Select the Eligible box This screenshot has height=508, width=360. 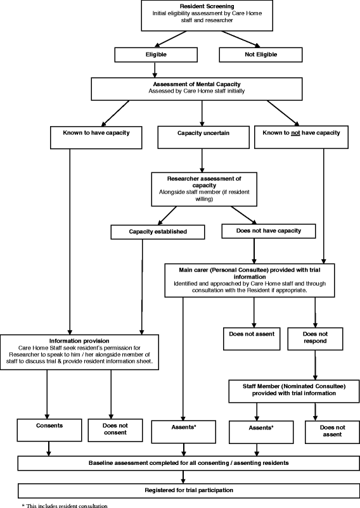click(156, 55)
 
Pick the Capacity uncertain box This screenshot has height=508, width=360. click(202, 134)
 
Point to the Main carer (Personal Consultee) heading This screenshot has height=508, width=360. click(254, 268)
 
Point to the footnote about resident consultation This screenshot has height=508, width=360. click(65, 504)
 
